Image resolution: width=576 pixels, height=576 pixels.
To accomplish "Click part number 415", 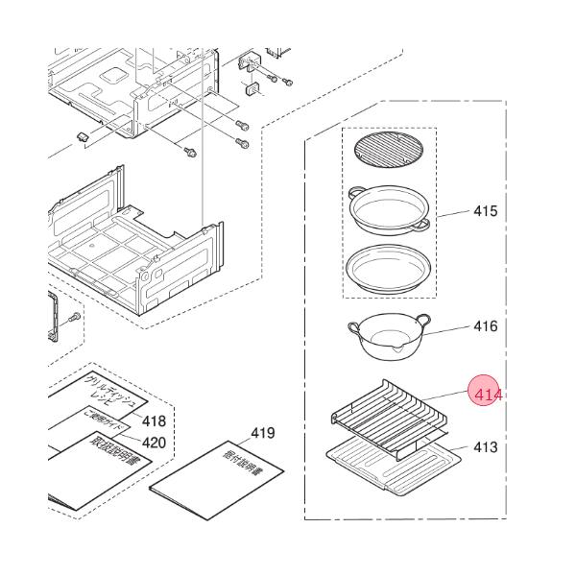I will pyautogui.click(x=486, y=211).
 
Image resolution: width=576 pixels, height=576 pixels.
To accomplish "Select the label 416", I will pyautogui.click(x=486, y=326).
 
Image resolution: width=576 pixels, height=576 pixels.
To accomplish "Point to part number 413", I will pyautogui.click(x=486, y=447).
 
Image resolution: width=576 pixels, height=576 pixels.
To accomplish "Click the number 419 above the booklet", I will pyautogui.click(x=263, y=434).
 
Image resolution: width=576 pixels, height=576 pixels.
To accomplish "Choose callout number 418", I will pyautogui.click(x=154, y=421).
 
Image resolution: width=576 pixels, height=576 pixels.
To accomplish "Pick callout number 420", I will pyautogui.click(x=154, y=443).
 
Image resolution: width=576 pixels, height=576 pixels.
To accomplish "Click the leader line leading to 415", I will pyautogui.click(x=453, y=213).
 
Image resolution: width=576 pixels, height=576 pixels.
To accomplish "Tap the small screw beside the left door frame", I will pyautogui.click(x=76, y=316).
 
